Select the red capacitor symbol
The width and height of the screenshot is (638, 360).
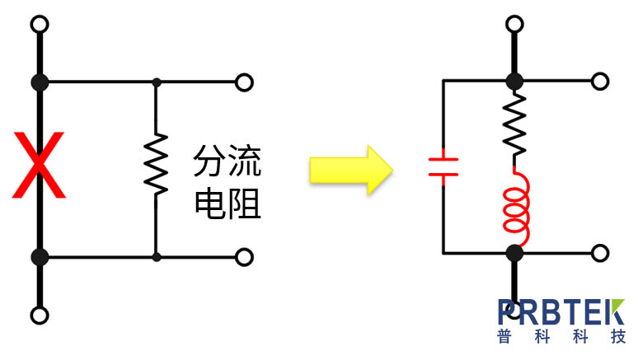pos(443,167)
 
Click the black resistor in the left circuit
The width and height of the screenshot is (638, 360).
pos(156,165)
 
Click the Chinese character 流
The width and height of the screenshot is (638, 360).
pos(245,161)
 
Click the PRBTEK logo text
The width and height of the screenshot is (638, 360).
pos(561,311)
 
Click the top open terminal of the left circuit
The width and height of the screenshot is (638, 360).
pos(39,23)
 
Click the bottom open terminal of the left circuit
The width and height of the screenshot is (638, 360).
pos(39,315)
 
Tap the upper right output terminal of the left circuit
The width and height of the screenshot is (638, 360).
pos(243,82)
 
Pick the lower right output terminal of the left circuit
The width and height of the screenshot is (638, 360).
pos(243,257)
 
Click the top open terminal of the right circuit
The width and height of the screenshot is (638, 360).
pos(515,23)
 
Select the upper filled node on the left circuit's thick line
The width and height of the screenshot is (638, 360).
pos(39,82)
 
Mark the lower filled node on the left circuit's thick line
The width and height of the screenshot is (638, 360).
pos(39,257)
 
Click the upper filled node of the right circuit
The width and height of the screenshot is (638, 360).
pos(515,81)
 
